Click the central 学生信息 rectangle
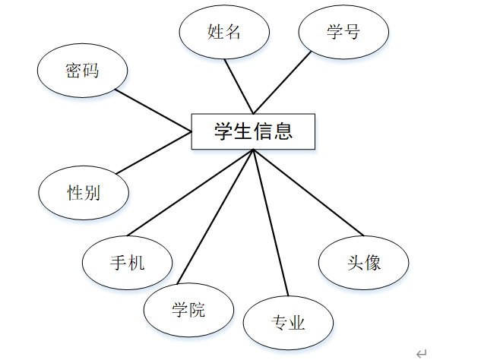click(x=252, y=132)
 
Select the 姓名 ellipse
click(x=224, y=32)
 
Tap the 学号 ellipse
click(x=343, y=32)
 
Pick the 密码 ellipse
click(x=82, y=71)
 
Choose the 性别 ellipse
click(x=84, y=192)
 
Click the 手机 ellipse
click(x=128, y=263)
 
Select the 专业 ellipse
click(x=289, y=323)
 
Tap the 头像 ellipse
click(x=364, y=263)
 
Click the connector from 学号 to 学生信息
click(x=283, y=82)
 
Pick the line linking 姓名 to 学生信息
click(x=240, y=87)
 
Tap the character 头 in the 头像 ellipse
click(x=355, y=263)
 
